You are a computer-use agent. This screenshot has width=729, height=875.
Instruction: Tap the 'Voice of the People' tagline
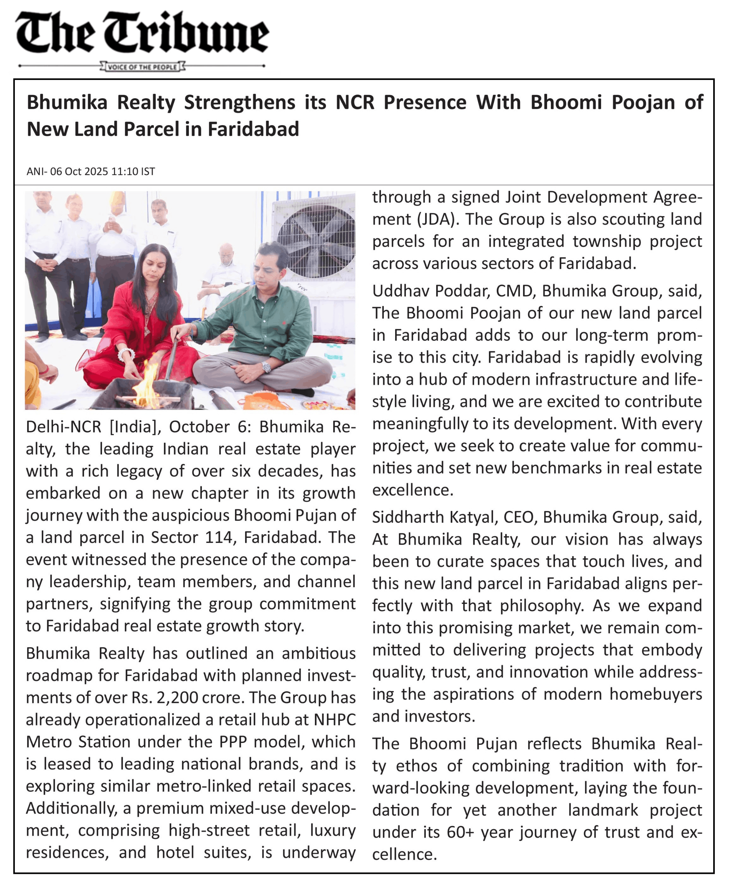(142, 67)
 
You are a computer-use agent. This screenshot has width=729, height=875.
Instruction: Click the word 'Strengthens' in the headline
(239, 102)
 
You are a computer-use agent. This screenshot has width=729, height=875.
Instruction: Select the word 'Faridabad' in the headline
(253, 129)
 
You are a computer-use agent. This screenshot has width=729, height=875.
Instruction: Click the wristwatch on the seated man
(266, 367)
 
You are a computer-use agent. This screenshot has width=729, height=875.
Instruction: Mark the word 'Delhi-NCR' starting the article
(63, 427)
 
